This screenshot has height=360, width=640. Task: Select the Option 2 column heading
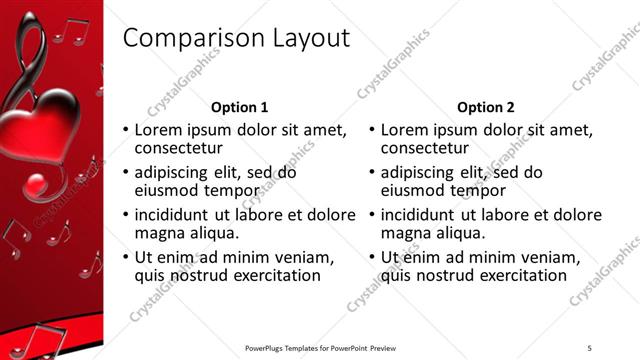pyautogui.click(x=486, y=107)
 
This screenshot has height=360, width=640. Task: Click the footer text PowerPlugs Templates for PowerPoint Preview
pyautogui.click(x=321, y=347)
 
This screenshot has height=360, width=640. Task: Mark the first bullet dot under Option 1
pyautogui.click(x=125, y=130)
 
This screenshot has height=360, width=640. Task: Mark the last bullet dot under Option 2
pyautogui.click(x=371, y=258)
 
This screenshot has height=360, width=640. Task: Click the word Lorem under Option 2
pyautogui.click(x=405, y=129)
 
